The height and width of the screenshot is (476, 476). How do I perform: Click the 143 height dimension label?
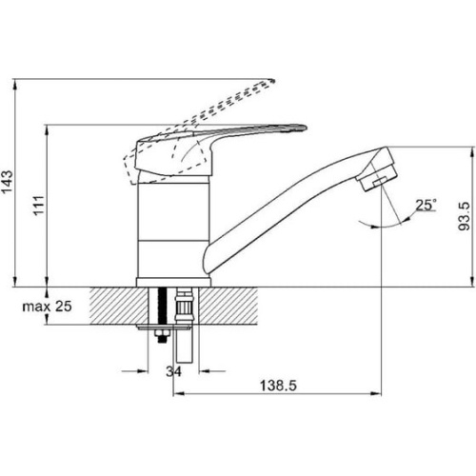click(x=7, y=182)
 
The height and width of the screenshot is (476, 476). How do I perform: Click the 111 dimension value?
click(x=39, y=206)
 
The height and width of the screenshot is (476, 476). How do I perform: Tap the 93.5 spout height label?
click(x=464, y=217)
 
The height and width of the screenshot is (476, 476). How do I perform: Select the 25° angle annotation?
click(x=426, y=205)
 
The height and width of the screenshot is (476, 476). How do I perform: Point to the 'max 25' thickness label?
click(x=47, y=307)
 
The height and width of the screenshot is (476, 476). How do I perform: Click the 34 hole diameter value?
click(x=173, y=371)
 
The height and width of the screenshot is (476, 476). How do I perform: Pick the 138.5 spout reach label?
click(x=278, y=386)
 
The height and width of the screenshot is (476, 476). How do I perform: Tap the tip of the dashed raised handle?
click(x=273, y=81)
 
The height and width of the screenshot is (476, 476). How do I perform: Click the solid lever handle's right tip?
click(x=306, y=128)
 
